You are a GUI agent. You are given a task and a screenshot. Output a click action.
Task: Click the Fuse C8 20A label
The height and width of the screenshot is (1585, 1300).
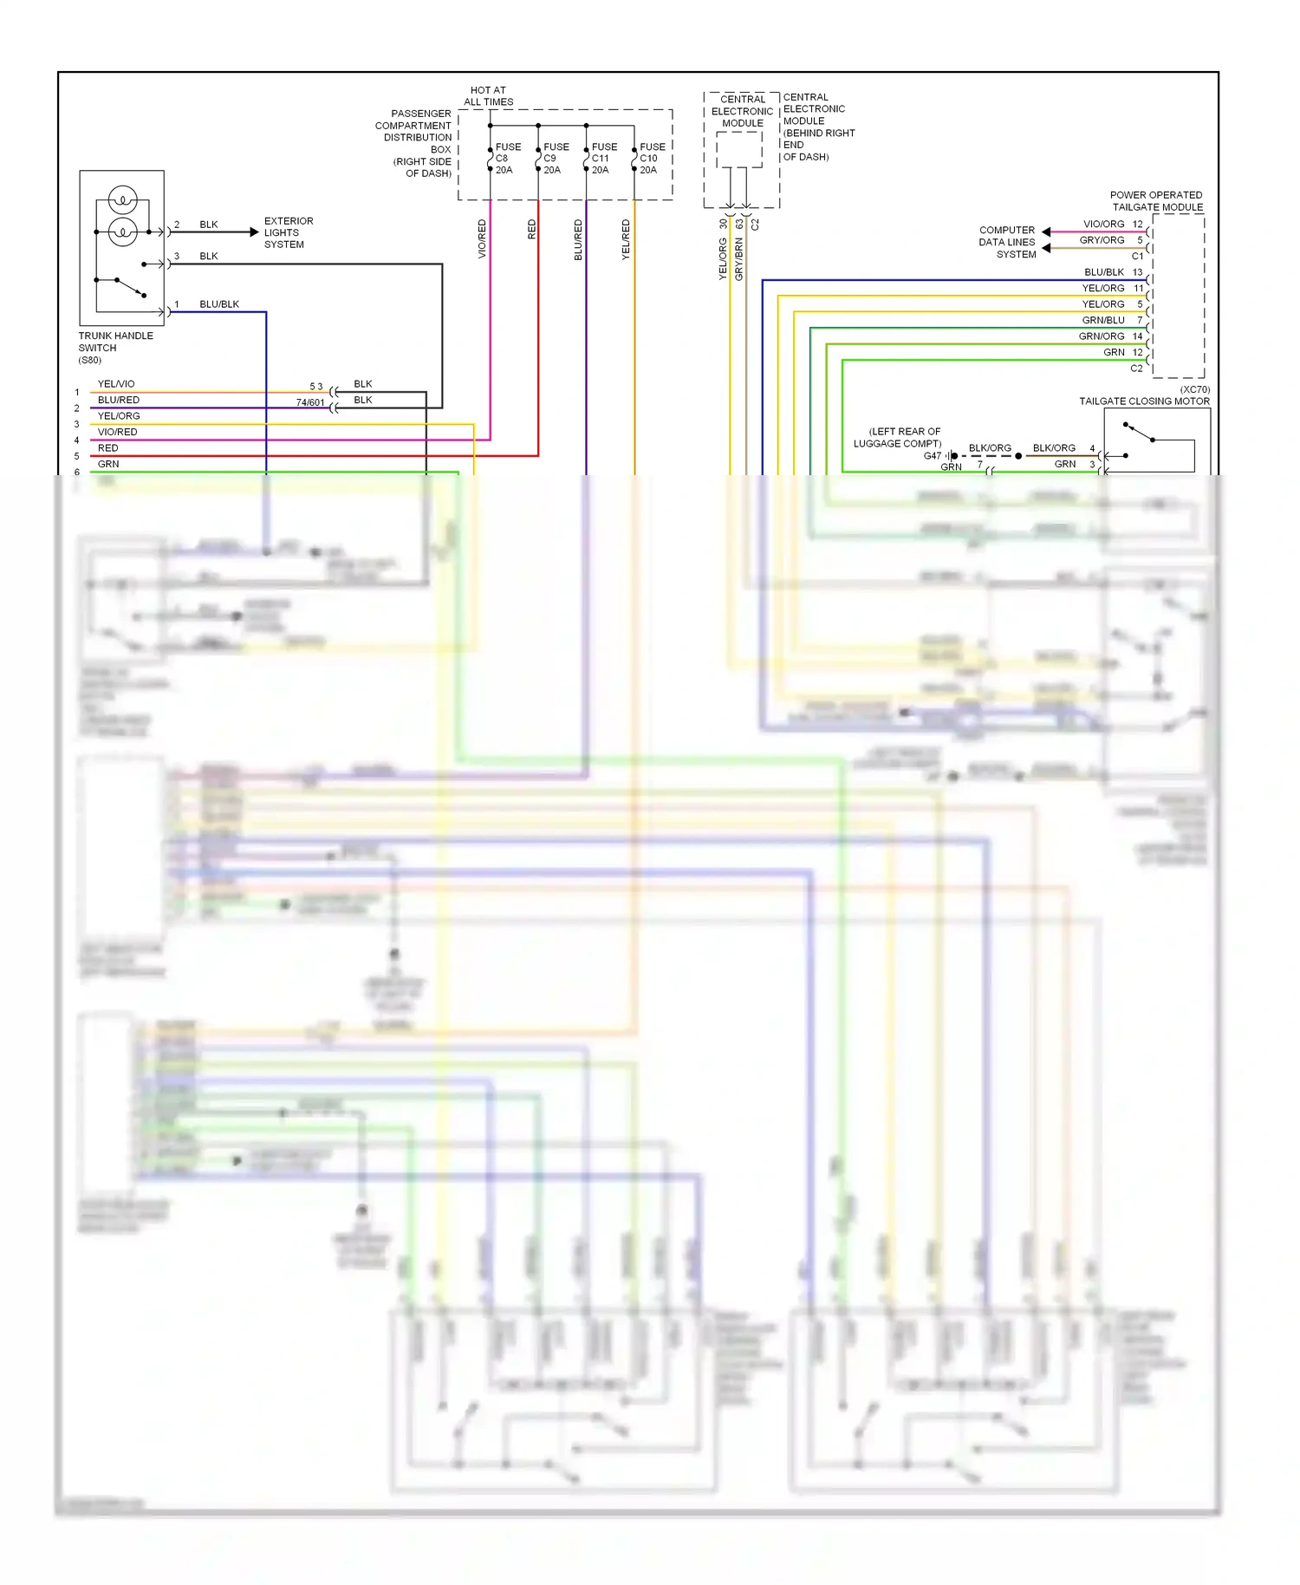click(506, 159)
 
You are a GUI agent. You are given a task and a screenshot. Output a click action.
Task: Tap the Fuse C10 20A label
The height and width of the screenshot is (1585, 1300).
click(651, 159)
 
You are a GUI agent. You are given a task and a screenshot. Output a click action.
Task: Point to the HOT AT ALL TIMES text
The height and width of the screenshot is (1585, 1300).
click(488, 96)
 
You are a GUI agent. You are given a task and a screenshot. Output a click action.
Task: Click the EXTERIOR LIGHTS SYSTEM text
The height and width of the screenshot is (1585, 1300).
click(288, 232)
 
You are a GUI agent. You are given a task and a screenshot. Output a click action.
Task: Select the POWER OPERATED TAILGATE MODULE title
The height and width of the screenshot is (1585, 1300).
click(1156, 201)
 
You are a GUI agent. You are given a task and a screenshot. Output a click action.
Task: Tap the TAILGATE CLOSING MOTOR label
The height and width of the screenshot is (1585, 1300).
click(1144, 401)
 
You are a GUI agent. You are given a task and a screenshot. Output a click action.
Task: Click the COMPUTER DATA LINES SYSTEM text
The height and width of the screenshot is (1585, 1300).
click(1007, 242)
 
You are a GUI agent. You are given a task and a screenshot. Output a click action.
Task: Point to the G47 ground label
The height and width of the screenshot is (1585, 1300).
click(932, 455)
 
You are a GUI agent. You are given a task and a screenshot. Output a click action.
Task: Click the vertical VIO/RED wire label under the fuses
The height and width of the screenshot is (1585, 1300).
click(482, 238)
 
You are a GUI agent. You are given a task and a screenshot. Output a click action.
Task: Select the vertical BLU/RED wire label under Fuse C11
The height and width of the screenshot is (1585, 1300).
click(578, 239)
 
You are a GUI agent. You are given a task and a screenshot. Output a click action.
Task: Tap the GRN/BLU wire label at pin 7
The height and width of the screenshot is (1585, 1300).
click(1102, 320)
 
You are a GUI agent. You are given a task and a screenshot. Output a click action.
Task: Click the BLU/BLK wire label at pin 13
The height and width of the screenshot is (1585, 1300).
click(1103, 272)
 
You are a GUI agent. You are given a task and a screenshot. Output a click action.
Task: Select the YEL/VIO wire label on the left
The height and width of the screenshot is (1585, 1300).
click(116, 384)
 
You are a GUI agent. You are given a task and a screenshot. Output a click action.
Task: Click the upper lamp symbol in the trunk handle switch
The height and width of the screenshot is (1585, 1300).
click(123, 200)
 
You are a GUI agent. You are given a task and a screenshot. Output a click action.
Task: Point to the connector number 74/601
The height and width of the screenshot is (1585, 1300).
click(309, 402)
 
